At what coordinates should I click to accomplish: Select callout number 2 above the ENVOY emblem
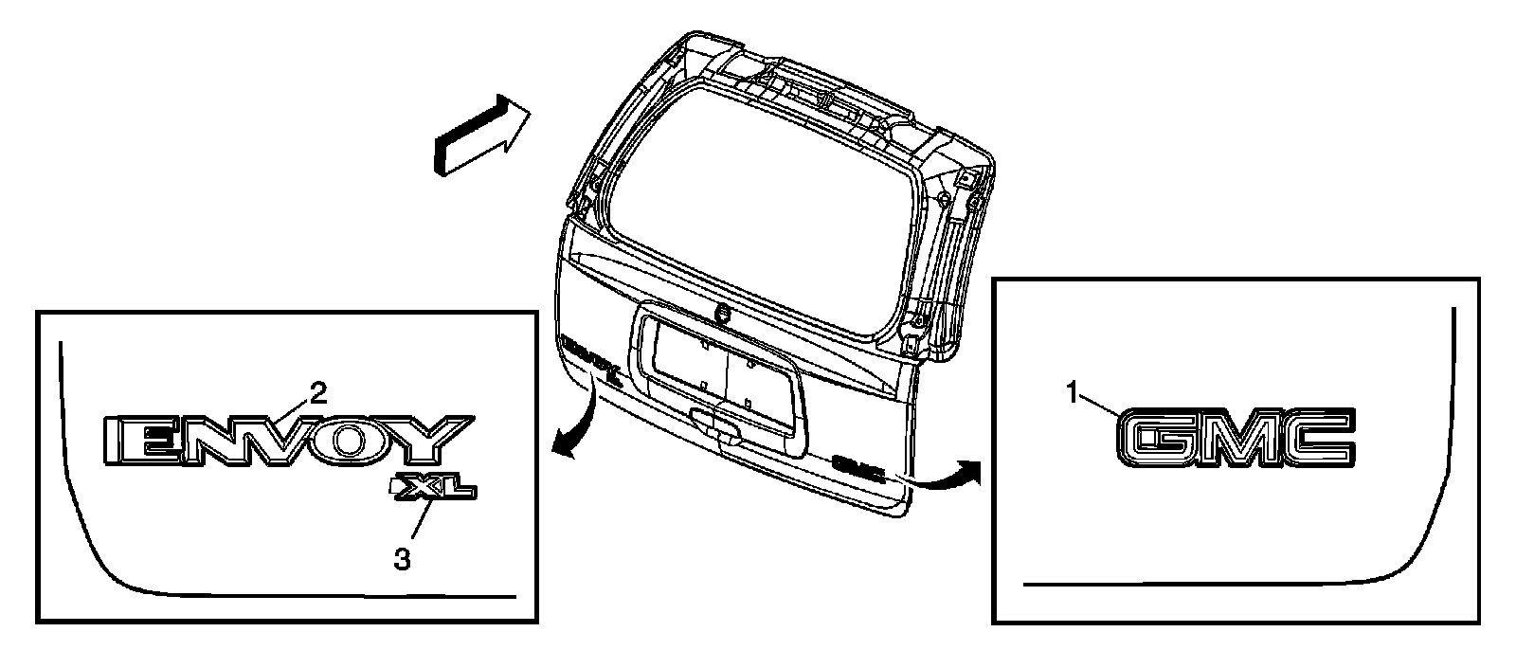pyautogui.click(x=319, y=391)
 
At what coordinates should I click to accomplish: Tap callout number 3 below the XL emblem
pyautogui.click(x=403, y=560)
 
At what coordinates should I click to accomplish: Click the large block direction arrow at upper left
pyautogui.click(x=478, y=135)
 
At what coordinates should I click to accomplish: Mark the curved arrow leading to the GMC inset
pyautogui.click(x=947, y=474)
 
